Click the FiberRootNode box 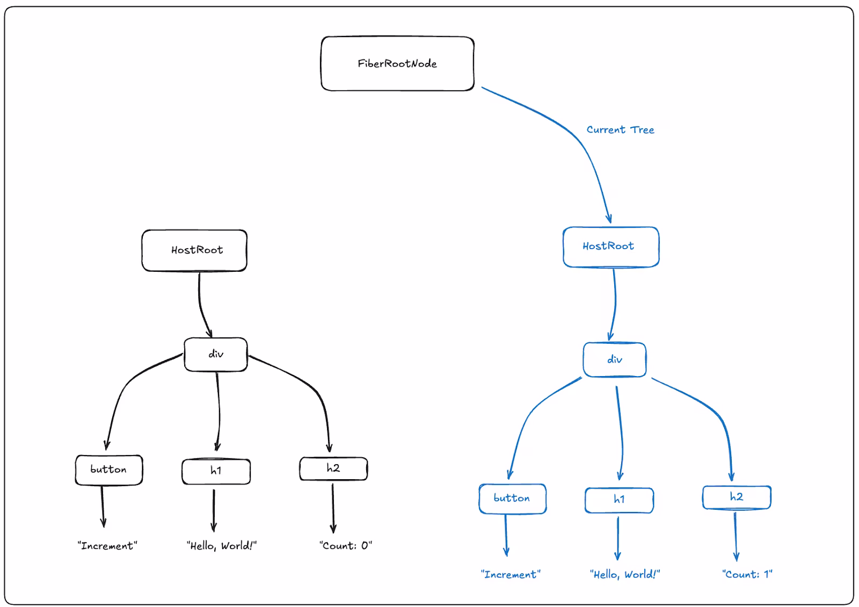point(397,64)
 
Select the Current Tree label point(620,129)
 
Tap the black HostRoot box point(194,250)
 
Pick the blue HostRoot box point(611,247)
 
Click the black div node point(216,354)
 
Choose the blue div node point(615,359)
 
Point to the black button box point(109,470)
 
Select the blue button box point(513,498)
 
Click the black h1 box point(216,471)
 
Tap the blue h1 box point(620,500)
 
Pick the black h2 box point(333,468)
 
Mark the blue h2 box point(737,497)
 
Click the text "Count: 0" point(346,545)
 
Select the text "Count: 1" point(747,574)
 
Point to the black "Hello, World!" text point(222,546)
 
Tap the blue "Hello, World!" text point(625,574)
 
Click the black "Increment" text point(107,545)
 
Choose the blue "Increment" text point(511,574)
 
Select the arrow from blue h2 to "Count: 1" point(736,537)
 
